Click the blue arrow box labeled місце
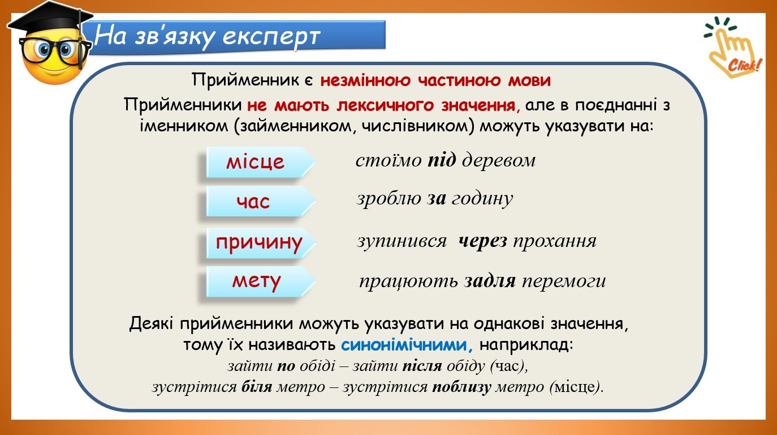(x=260, y=162)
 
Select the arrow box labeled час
(x=260, y=201)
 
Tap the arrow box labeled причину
(x=260, y=242)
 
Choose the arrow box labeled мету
(x=260, y=282)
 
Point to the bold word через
(x=482, y=241)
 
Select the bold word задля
(x=490, y=281)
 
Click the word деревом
(x=499, y=160)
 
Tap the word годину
(x=482, y=199)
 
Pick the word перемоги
(x=564, y=281)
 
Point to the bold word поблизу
(x=461, y=387)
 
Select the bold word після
(x=422, y=366)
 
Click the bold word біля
(x=257, y=387)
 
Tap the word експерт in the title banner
(x=271, y=36)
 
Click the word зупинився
(x=402, y=241)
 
